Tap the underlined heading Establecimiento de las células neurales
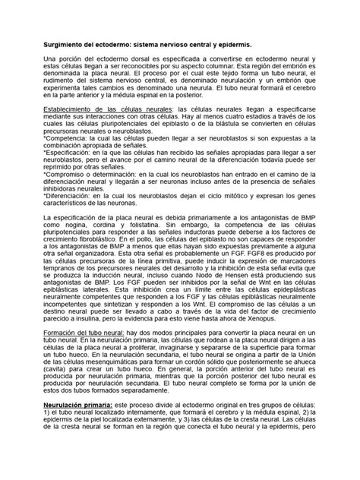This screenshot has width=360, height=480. coord(107,109)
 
